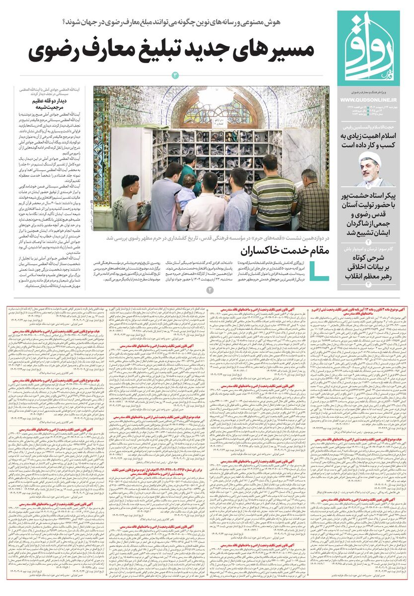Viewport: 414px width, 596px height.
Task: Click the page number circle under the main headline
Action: coord(175,75)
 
